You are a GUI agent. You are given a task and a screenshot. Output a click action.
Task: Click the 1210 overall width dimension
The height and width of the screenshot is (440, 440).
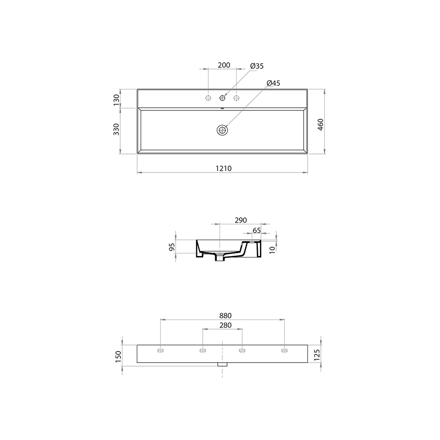pos(224,169)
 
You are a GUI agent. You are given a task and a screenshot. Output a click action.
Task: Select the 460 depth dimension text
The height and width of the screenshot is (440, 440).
pos(320,125)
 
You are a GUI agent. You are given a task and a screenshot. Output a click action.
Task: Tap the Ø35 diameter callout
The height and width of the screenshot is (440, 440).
pos(257,66)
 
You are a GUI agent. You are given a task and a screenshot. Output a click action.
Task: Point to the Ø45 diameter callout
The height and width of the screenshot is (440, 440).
pos(273,83)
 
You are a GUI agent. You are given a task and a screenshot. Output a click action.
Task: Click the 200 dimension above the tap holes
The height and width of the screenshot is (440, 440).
pos(224,65)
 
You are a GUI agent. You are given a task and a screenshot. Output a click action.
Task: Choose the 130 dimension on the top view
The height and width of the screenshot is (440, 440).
pos(116,100)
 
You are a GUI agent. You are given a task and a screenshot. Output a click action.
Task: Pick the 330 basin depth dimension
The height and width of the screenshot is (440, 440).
pos(116,129)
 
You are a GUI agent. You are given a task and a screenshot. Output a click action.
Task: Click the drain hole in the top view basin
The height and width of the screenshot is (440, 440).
pos(222,130)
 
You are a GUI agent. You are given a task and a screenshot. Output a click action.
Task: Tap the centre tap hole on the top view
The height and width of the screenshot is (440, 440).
pos(222,98)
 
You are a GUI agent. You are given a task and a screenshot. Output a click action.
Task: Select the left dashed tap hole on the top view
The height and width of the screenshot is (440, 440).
pos(208,98)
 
